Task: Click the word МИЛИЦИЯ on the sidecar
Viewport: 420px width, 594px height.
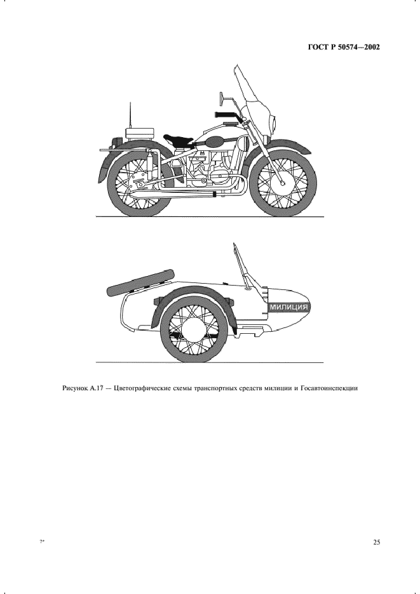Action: (x=288, y=307)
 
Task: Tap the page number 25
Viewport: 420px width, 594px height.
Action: (x=376, y=542)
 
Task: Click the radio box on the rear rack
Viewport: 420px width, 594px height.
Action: (x=139, y=134)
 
